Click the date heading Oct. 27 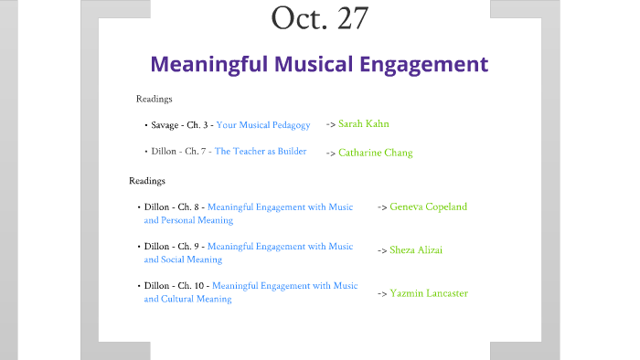point(319,17)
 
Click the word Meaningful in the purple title point(206,65)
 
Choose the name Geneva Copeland point(428,206)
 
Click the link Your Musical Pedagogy point(263,124)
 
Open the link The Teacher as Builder point(261,151)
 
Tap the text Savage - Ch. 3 point(181,124)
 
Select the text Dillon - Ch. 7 point(177,151)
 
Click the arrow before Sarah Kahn point(330,123)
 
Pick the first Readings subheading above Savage point(155,99)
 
